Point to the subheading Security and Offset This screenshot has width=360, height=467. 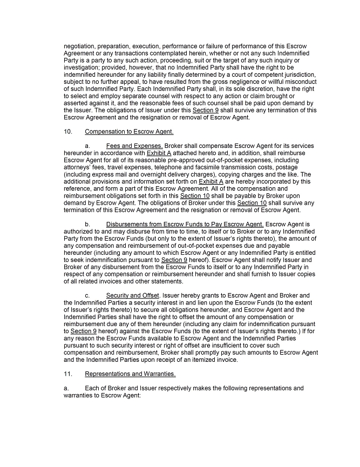click(132, 295)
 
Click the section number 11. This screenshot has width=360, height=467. click(67, 374)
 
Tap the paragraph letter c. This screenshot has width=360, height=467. click(87, 295)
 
